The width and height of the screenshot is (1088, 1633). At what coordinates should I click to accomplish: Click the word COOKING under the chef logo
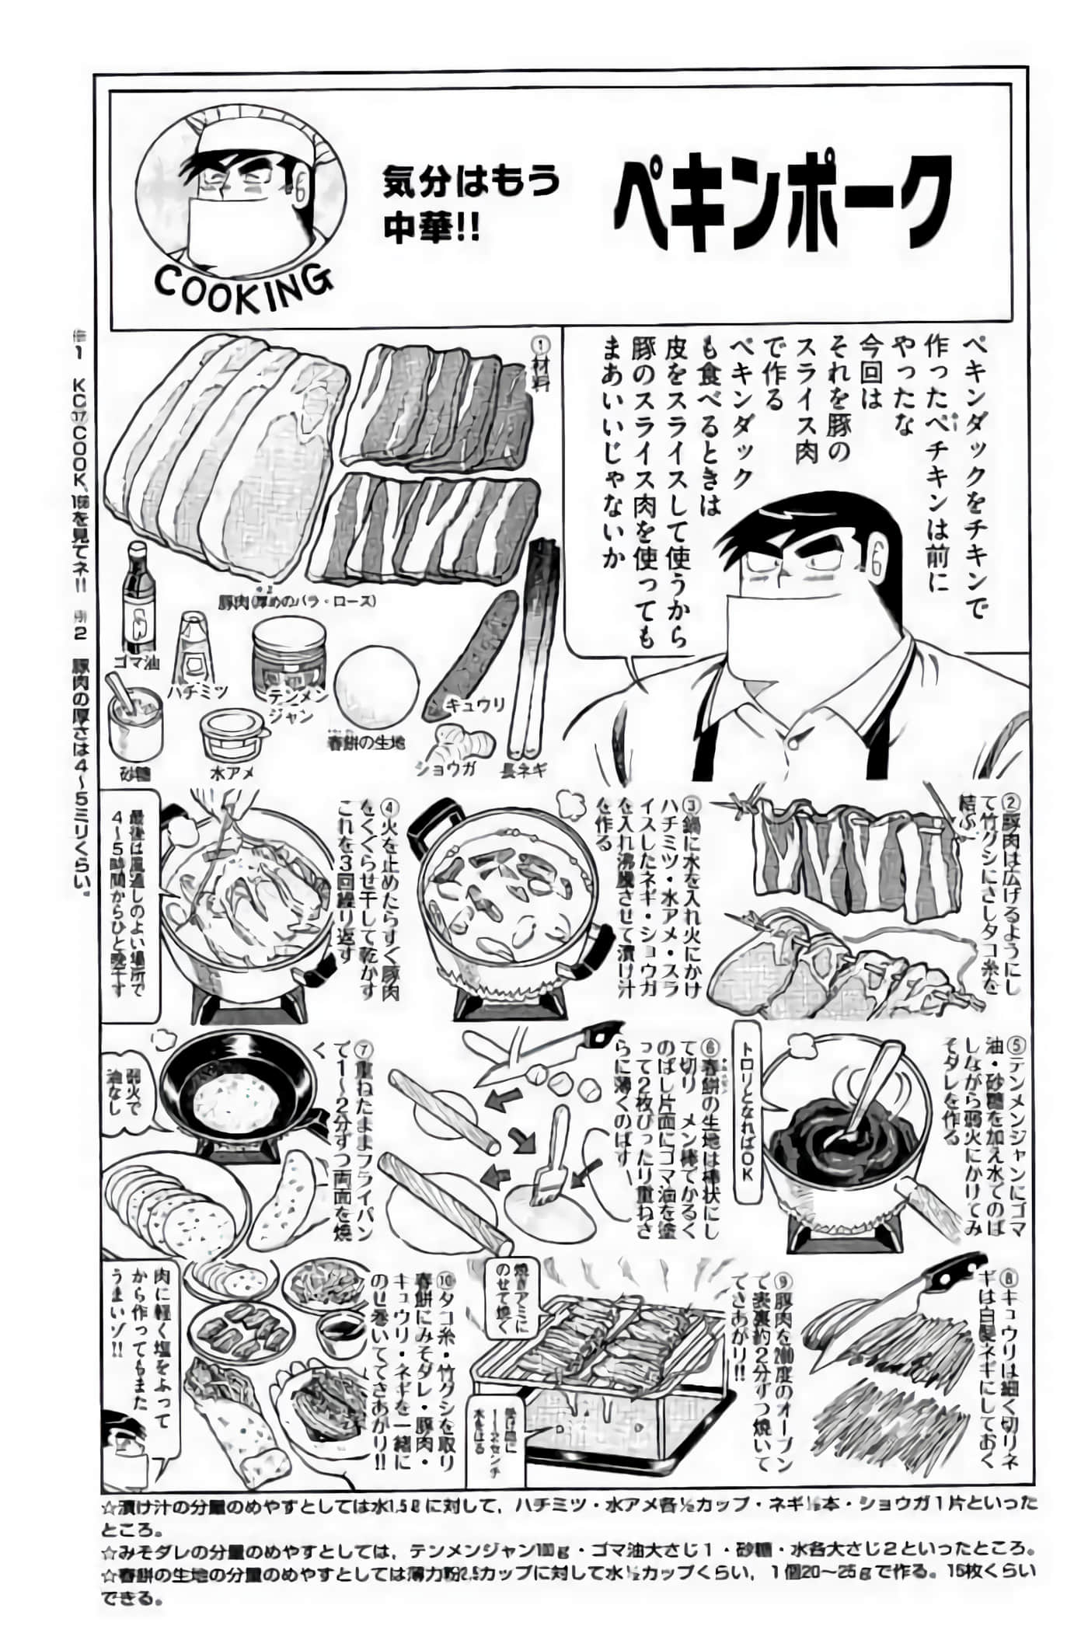click(242, 288)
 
